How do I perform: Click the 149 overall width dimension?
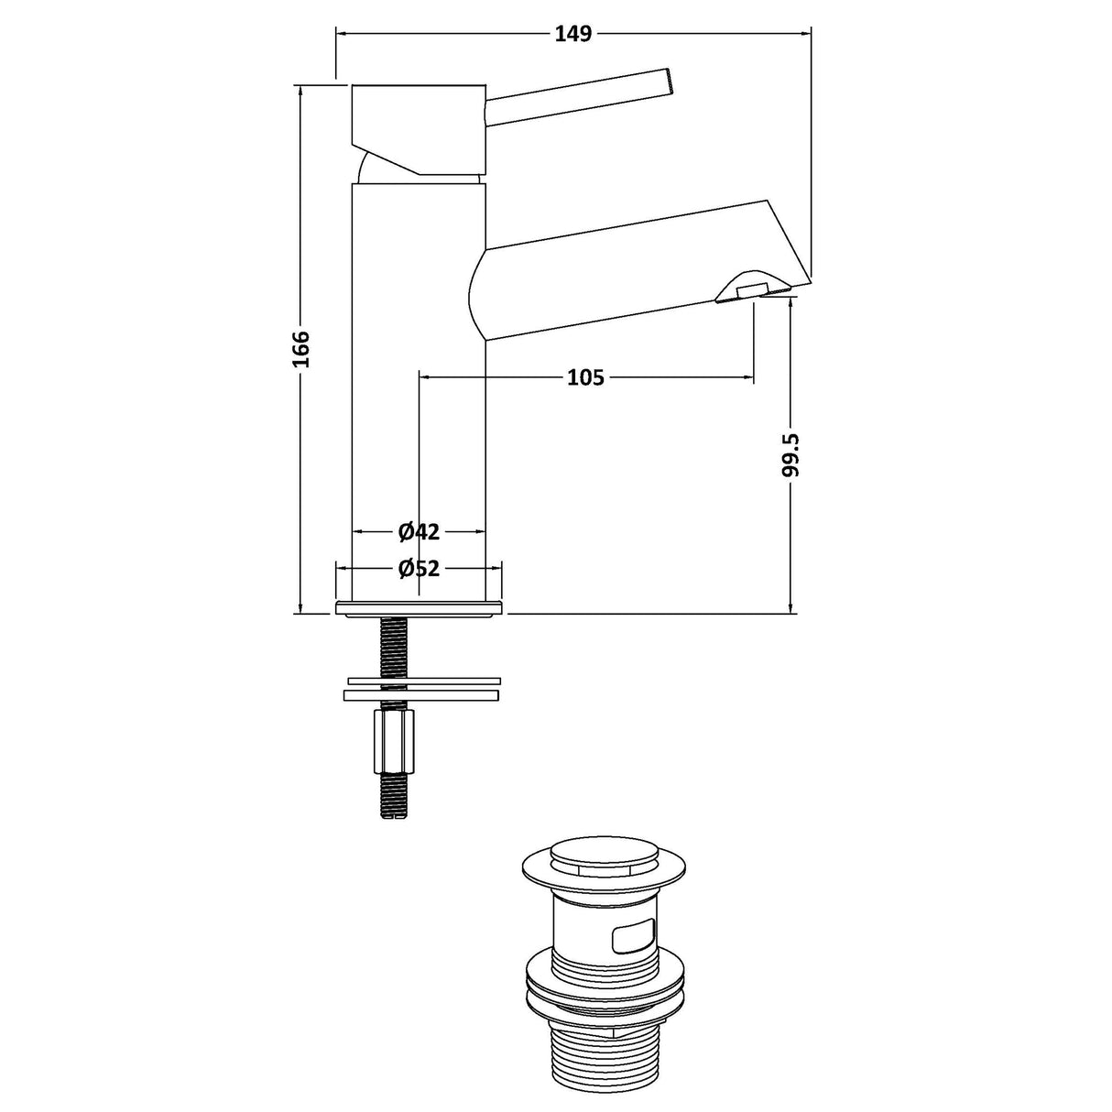coord(573,35)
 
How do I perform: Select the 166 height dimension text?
coord(301,348)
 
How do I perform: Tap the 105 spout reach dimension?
coord(585,376)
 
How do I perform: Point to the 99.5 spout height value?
coord(792,455)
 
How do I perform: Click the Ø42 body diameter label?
coord(419,531)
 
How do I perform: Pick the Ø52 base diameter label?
coord(419,569)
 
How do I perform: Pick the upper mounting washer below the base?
coord(424,681)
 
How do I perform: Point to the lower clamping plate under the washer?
coord(424,696)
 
